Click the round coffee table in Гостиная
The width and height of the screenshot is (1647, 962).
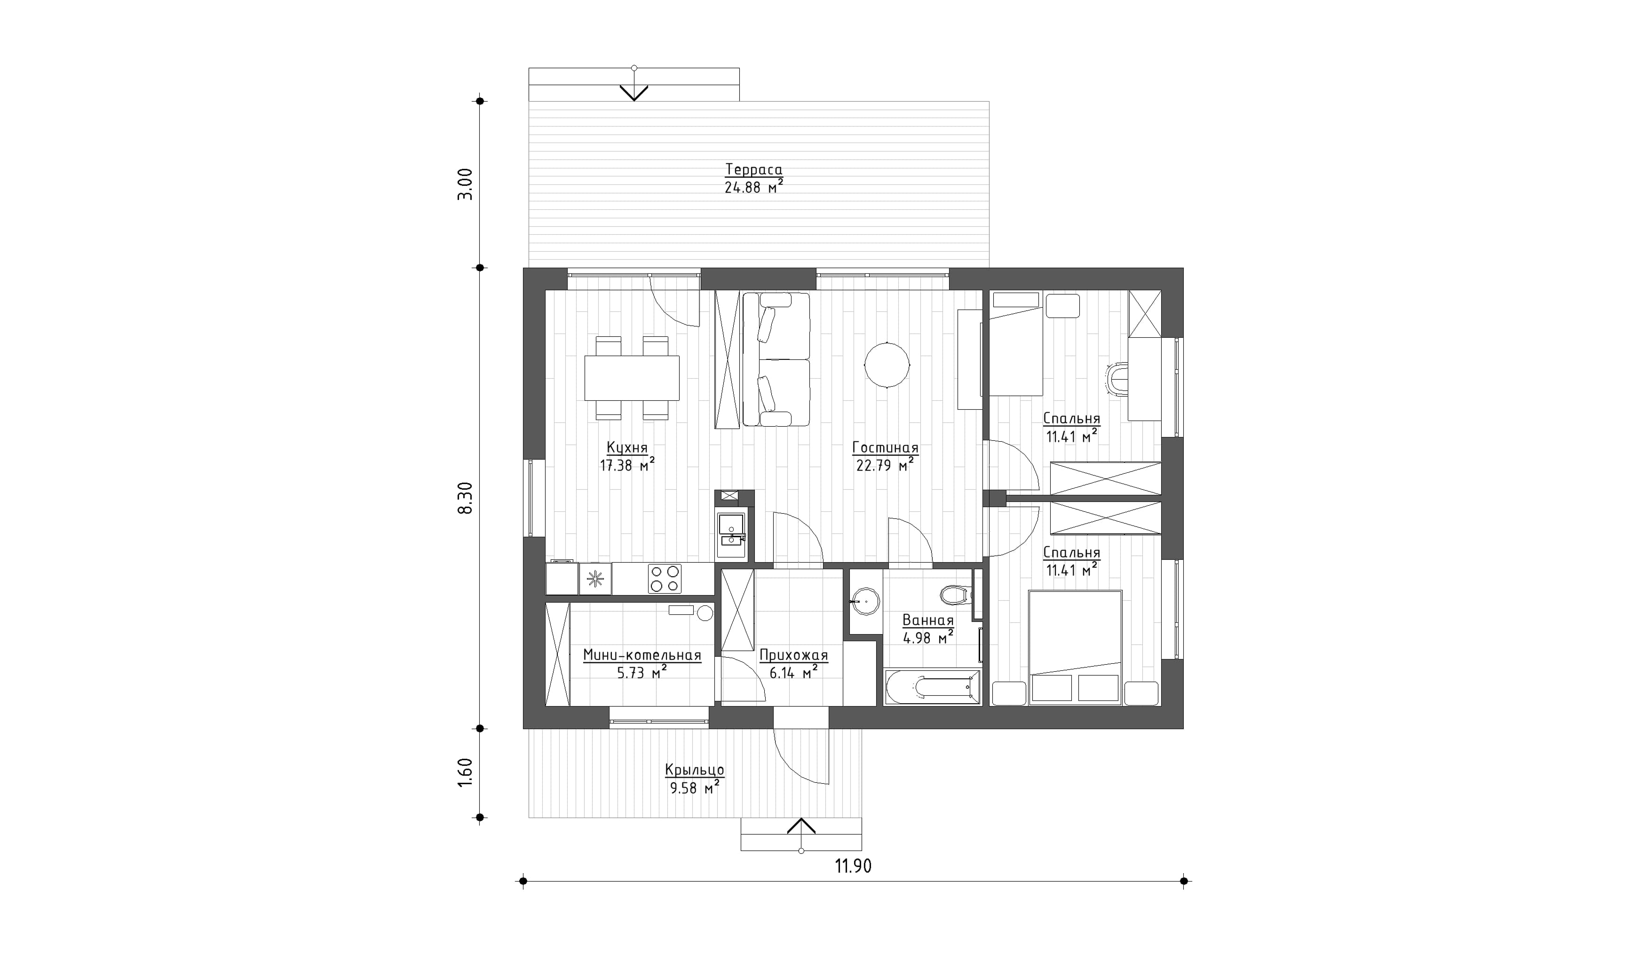click(887, 365)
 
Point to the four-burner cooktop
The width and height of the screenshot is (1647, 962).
click(665, 579)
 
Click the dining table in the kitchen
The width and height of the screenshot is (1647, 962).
click(632, 378)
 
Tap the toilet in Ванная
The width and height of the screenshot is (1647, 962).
click(955, 595)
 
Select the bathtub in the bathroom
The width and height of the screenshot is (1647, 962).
click(932, 687)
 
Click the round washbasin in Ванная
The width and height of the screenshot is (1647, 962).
click(867, 599)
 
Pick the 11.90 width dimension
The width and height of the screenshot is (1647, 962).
click(853, 867)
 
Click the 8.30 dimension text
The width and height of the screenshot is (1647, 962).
click(465, 498)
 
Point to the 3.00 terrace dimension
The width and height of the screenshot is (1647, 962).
click(465, 185)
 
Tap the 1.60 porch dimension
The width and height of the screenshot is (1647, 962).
click(465, 772)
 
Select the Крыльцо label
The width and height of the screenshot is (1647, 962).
click(695, 770)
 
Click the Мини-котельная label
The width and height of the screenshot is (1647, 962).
click(642, 655)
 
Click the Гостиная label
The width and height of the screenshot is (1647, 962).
click(886, 448)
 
